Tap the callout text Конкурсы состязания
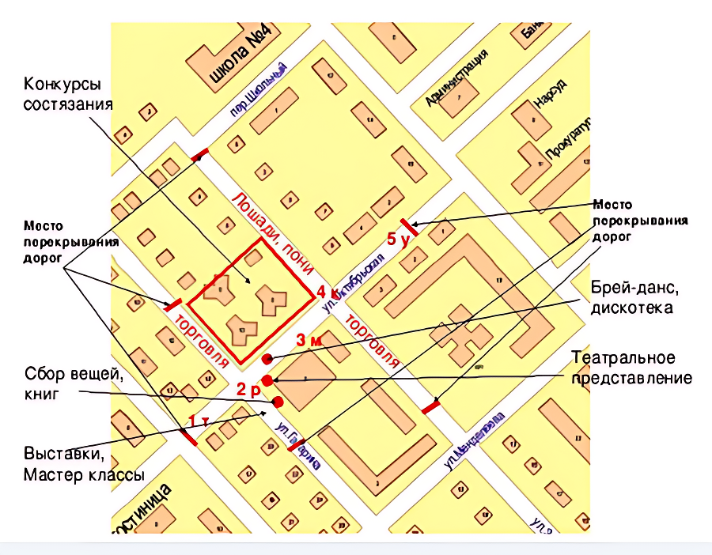click(67, 94)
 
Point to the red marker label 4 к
click(328, 292)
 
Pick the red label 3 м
click(309, 340)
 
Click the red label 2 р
click(247, 389)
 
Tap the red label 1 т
click(198, 421)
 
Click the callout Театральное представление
click(631, 368)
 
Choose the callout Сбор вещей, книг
click(73, 384)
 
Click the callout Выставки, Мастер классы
click(83, 465)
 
